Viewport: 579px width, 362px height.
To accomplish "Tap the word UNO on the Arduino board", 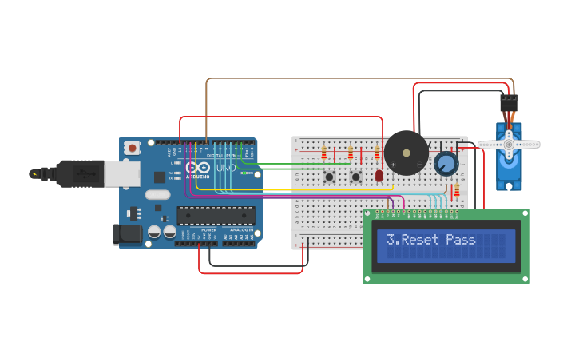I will click(226, 168).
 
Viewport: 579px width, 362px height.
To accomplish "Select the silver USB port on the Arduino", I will click(122, 174).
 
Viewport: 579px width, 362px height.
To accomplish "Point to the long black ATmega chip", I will click(216, 215).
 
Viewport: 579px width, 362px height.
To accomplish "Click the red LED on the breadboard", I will click(379, 175).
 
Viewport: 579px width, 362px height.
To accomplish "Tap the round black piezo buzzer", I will click(406, 153).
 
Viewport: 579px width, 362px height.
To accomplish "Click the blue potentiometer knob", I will click(446, 164).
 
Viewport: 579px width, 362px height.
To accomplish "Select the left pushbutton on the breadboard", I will click(329, 177).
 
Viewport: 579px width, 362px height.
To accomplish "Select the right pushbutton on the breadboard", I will click(356, 177).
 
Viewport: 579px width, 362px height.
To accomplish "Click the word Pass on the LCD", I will click(461, 240).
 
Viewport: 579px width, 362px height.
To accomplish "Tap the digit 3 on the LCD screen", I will click(391, 240).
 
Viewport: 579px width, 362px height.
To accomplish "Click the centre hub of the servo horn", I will click(508, 145).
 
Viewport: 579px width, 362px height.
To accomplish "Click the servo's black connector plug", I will click(509, 103).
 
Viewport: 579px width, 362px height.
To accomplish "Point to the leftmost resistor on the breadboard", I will click(323, 152).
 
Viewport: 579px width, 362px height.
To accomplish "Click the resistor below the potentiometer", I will click(457, 190).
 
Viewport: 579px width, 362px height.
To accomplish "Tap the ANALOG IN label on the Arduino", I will click(241, 229).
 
